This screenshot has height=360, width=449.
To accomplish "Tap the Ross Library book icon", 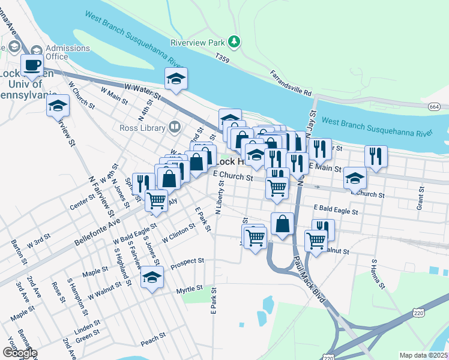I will tap(174, 127).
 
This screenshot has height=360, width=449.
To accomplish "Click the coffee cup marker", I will tap(32, 65).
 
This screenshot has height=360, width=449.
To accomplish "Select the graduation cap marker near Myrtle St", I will tap(152, 278).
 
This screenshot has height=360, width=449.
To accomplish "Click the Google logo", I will tap(19, 353).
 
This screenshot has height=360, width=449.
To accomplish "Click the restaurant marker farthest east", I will tap(376, 157).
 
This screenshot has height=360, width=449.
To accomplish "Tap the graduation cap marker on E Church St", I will tap(355, 178).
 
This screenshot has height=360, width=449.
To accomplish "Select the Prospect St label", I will tap(187, 263).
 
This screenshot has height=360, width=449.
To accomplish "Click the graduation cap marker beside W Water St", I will tap(176, 79).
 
